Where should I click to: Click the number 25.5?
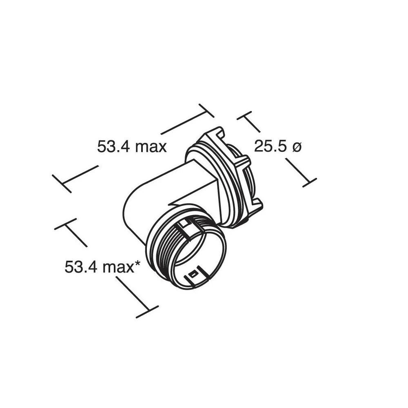pyautogui.click(x=269, y=146)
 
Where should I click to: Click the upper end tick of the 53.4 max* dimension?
pyautogui.click(x=65, y=224)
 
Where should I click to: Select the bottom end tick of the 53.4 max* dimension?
pyautogui.click(x=147, y=311)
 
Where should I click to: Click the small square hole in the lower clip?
pyautogui.click(x=195, y=271)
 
